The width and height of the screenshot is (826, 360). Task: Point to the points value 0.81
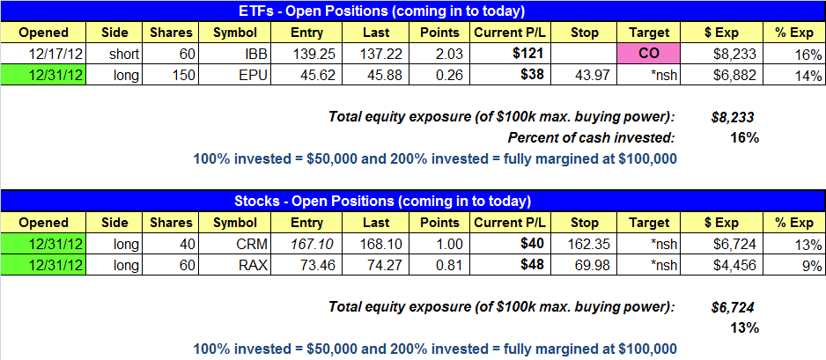[x=450, y=265]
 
